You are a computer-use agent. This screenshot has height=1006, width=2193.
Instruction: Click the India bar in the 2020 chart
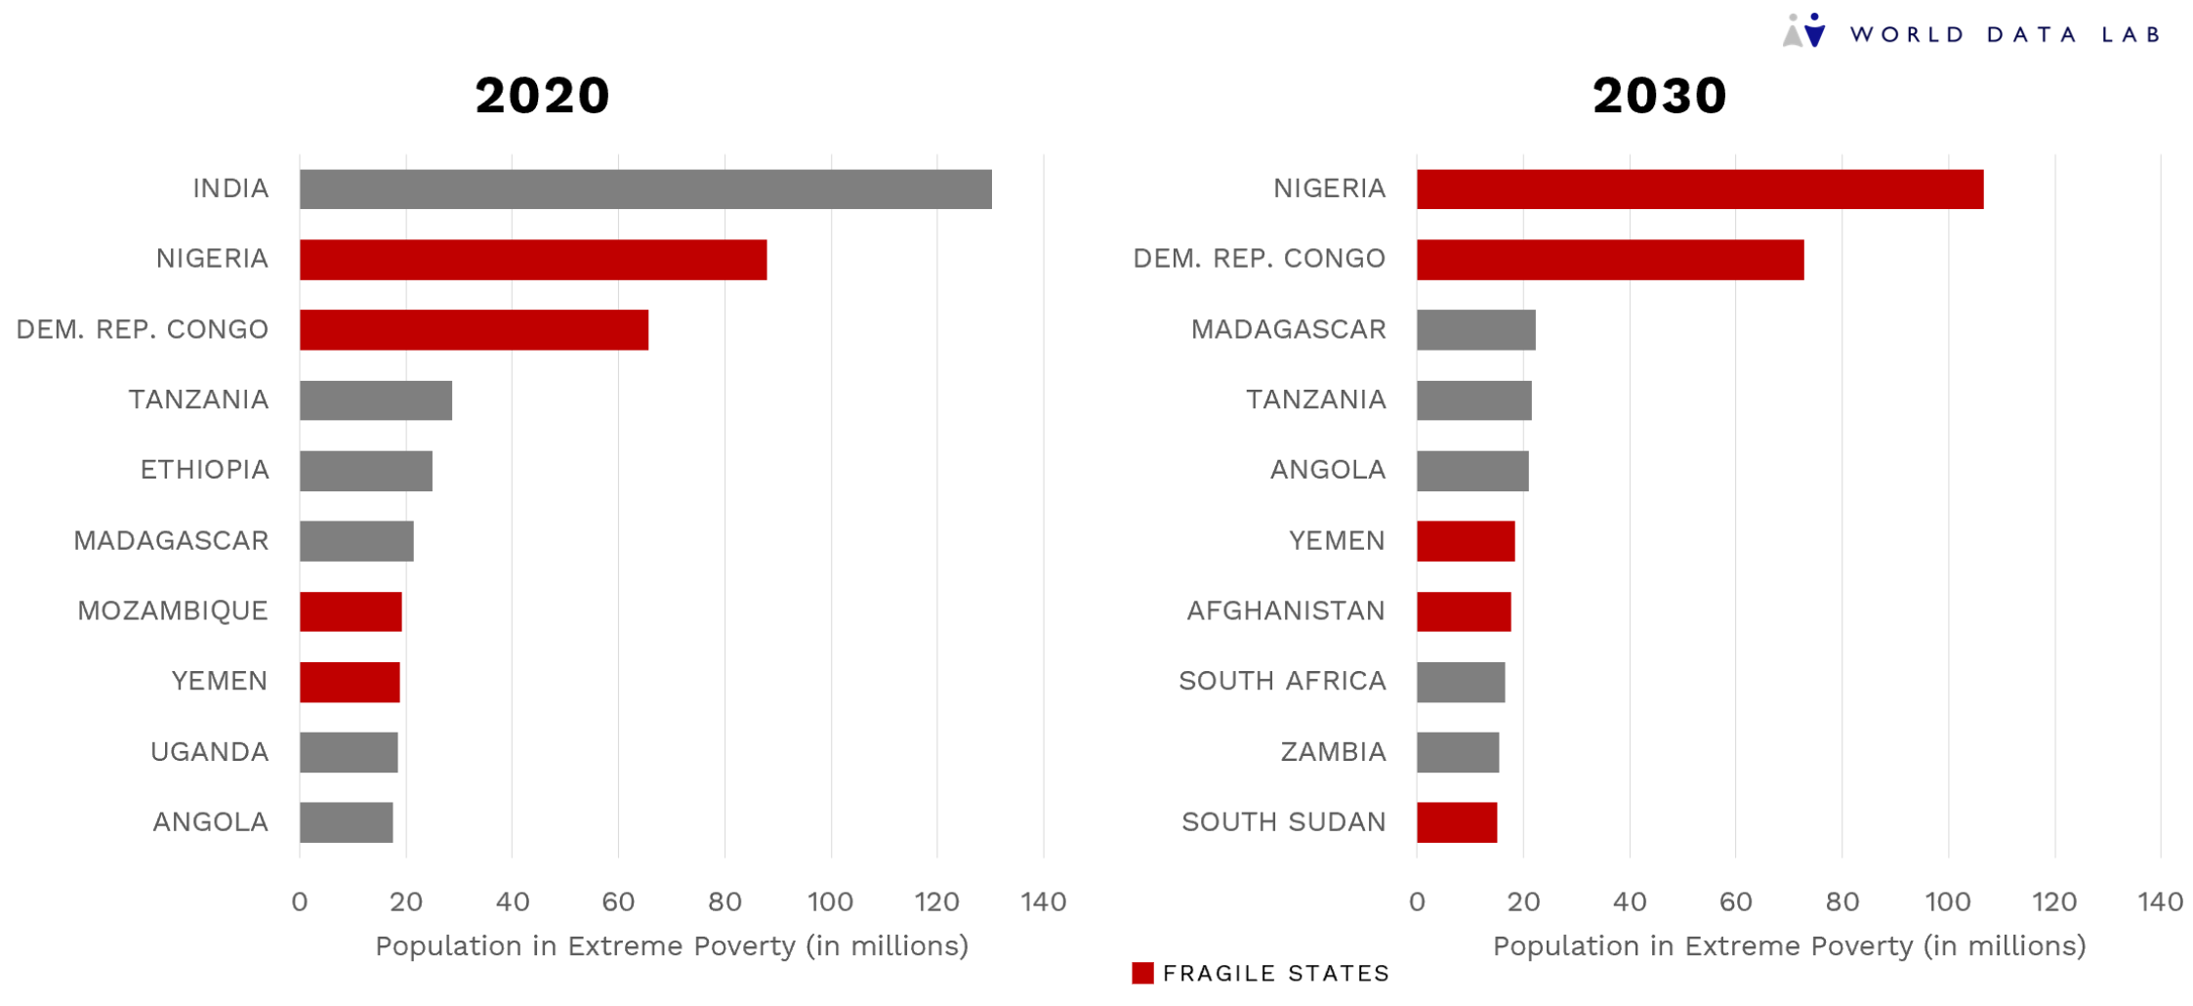[644, 189]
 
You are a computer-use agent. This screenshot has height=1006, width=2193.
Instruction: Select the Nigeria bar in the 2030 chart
[1699, 189]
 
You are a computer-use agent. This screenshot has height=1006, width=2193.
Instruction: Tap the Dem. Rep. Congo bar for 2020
[474, 329]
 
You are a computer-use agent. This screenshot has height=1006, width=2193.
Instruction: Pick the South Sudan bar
[1456, 822]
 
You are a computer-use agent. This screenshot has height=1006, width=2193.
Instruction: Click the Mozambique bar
[351, 611]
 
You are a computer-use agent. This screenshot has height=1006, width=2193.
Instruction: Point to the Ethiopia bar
[365, 471]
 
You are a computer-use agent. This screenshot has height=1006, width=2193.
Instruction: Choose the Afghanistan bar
[1463, 611]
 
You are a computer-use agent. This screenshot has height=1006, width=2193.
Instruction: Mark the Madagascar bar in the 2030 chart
[1475, 329]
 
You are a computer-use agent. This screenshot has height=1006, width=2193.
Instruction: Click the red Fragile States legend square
[1141, 973]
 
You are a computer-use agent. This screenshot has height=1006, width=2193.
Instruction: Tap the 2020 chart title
[543, 96]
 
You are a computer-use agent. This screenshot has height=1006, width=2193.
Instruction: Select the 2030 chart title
[1659, 96]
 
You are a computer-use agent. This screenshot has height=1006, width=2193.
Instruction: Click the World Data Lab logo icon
[1803, 30]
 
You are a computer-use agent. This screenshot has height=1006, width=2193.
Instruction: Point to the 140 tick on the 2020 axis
[1043, 901]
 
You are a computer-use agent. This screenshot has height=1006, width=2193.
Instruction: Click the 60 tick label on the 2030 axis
[1735, 901]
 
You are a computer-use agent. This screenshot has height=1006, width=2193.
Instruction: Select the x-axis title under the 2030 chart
[1789, 945]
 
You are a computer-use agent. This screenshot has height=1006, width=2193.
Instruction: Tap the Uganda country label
[209, 752]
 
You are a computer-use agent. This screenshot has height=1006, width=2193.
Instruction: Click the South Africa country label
[1281, 681]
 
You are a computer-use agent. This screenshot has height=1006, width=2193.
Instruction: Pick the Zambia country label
[1333, 752]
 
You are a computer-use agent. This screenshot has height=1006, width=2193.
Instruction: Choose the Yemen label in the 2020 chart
[219, 681]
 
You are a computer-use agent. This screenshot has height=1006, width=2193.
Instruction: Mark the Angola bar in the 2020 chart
[346, 822]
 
